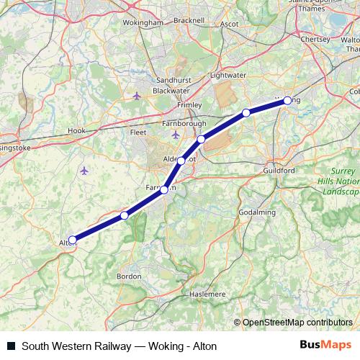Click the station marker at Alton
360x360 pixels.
tap(72, 240)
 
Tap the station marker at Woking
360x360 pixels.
tap(287, 101)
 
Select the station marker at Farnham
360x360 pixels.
tap(164, 190)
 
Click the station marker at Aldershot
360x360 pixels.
tap(181, 161)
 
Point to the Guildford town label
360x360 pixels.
tap(279, 170)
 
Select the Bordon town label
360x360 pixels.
tap(129, 276)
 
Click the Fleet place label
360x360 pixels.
tap(138, 132)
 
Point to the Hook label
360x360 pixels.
tap(76, 131)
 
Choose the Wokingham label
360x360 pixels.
tap(143, 23)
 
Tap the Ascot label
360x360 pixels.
tap(230, 23)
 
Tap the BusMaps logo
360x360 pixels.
tap(326, 346)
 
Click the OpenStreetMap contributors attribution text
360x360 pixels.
tap(297, 322)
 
